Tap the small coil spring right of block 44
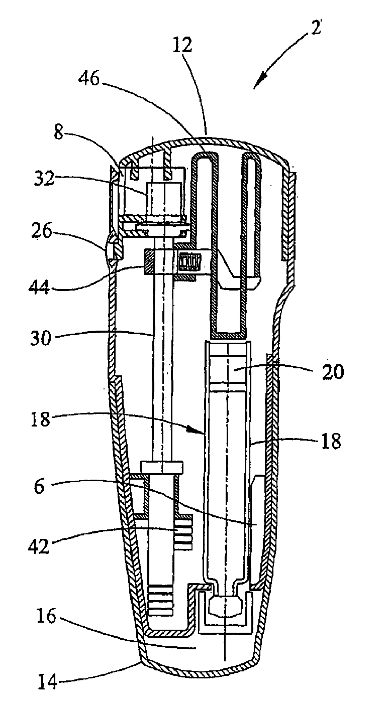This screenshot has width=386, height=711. [189, 261]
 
